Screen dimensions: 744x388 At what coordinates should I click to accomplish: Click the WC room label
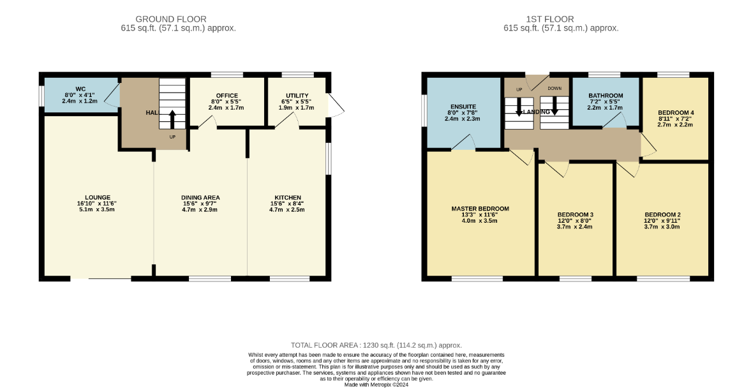tap(80, 89)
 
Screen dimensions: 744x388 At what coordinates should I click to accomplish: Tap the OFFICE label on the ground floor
tap(227, 96)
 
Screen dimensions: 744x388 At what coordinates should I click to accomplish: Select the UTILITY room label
tap(297, 96)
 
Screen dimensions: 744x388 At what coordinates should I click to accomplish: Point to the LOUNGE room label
tap(98, 198)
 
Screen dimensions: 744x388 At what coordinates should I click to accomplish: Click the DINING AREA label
tap(200, 198)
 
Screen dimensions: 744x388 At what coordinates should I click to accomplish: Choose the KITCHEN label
tap(288, 198)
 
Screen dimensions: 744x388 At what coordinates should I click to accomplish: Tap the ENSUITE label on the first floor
tap(463, 107)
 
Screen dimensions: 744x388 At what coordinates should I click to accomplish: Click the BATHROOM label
tap(606, 96)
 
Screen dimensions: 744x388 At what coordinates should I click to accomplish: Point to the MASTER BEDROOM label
tap(480, 209)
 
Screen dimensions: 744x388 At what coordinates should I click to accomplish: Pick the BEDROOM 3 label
tap(575, 215)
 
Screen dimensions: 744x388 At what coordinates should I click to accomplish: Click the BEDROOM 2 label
tap(662, 215)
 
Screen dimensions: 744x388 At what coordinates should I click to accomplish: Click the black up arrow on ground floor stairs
tap(172, 119)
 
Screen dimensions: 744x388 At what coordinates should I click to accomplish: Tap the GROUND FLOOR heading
tap(171, 19)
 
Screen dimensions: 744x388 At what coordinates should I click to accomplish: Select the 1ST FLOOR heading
tap(550, 19)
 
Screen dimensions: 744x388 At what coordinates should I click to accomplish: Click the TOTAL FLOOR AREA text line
tap(376, 345)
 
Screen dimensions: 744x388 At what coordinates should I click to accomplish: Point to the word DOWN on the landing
tap(554, 89)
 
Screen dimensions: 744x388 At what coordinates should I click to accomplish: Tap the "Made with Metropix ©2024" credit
tap(376, 385)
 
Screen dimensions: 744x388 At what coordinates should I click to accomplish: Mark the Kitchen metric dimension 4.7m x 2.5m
tap(288, 209)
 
